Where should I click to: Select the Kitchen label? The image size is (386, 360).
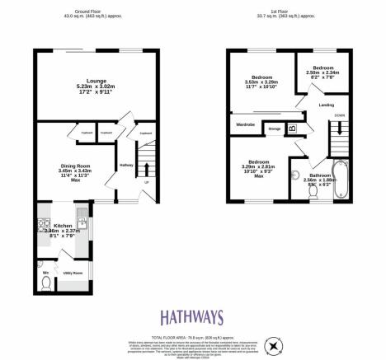pos(63,225)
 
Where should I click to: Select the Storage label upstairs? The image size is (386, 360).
pos(275,129)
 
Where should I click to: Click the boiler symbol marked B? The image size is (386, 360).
pos(291,128)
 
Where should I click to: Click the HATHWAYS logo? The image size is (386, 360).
pos(192,315)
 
